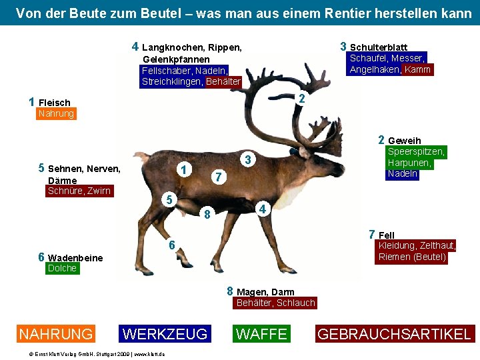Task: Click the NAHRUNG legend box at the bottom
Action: [x=56, y=334]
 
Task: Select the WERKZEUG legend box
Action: [x=166, y=334]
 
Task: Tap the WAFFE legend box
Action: [x=261, y=334]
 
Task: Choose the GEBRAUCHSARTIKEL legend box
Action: [x=395, y=334]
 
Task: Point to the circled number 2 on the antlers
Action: [x=301, y=99]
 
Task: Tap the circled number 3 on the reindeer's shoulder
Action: [x=247, y=160]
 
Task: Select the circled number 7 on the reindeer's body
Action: [x=215, y=177]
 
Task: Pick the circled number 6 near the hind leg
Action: [x=171, y=245]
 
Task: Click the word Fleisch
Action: [x=55, y=103]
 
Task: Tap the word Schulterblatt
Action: [x=379, y=47]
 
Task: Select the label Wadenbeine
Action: [x=76, y=258]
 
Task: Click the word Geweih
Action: [x=404, y=141]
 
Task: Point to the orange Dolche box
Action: [x=62, y=269]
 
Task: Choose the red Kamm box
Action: [x=418, y=70]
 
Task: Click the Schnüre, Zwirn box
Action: [x=79, y=191]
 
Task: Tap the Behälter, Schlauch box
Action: [x=275, y=303]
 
